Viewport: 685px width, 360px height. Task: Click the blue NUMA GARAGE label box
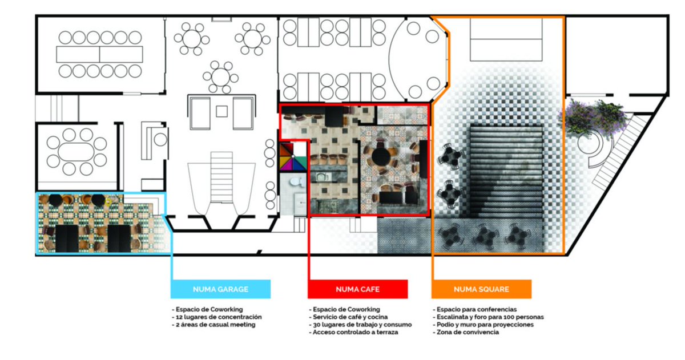tap(220, 289)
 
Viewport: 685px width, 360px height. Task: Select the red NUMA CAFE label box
tap(358, 289)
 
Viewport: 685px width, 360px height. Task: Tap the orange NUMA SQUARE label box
tap(481, 289)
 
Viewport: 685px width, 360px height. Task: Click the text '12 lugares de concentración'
tap(218, 317)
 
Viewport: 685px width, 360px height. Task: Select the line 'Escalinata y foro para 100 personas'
tap(488, 317)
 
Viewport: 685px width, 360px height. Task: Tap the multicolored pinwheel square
tap(293, 157)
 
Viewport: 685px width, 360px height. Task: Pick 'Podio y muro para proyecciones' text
tap(484, 324)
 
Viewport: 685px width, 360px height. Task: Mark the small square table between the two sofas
tap(222, 111)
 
